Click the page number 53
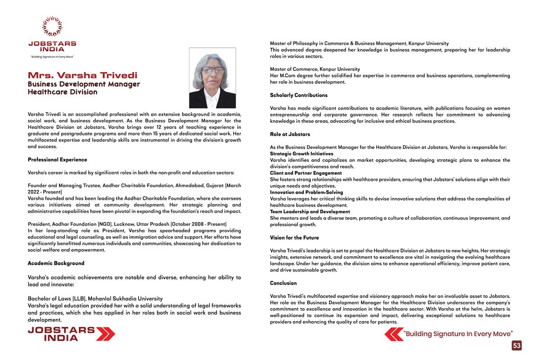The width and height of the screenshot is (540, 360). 517,346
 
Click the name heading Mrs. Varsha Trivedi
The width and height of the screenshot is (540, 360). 82,75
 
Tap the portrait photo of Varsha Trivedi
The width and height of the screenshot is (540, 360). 212,78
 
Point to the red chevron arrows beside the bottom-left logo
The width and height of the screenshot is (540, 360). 106,333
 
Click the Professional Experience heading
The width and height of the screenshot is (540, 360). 57,160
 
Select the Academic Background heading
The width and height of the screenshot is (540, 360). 56,263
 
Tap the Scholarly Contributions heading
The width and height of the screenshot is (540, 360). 298,95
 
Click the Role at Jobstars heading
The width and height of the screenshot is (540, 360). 290,135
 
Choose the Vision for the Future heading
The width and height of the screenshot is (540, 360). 294,238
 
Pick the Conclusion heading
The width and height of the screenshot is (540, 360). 283,283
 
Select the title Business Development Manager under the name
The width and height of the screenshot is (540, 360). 84,84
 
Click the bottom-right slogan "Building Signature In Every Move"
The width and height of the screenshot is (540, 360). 458,334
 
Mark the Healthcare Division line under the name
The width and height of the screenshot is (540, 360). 62,92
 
